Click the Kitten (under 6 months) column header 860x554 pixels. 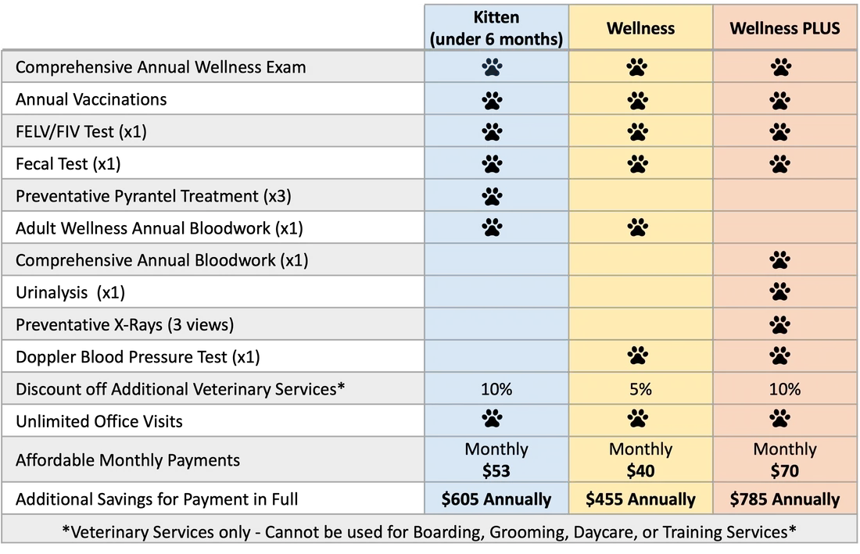click(496, 29)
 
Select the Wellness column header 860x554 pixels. click(640, 29)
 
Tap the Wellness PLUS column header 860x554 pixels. click(784, 29)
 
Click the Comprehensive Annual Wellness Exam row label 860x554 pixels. click(160, 67)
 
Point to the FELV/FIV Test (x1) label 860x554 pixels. click(81, 131)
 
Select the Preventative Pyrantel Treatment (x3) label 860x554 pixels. click(153, 196)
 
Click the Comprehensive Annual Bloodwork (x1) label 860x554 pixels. click(162, 260)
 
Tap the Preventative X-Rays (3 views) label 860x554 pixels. click(124, 324)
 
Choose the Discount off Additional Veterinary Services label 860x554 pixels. click(180, 389)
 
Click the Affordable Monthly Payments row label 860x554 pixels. click(127, 460)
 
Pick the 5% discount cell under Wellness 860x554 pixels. click(640, 389)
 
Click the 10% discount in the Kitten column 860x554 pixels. click(496, 389)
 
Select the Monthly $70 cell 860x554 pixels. click(784, 460)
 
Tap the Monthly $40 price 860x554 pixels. click(640, 460)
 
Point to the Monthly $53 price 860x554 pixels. click(496, 460)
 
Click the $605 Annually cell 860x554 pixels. click(496, 499)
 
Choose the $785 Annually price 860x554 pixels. click(784, 499)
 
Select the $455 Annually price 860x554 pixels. click(640, 499)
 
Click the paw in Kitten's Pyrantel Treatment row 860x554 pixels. click(492, 195)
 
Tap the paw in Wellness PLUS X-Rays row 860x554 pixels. click(779, 324)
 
